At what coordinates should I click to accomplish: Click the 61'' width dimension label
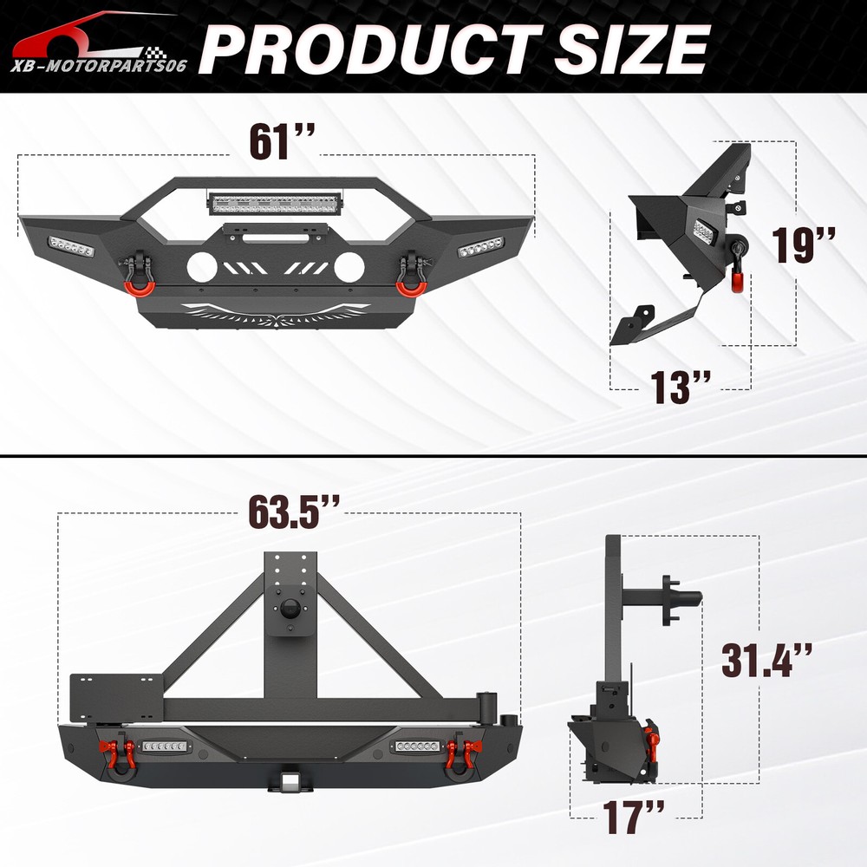click(x=282, y=142)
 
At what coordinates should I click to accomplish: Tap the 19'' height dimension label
click(x=803, y=244)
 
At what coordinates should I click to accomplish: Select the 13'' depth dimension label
click(x=680, y=387)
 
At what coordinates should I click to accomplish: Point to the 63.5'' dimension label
click(x=294, y=511)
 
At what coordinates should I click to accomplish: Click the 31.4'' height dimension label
click(x=766, y=660)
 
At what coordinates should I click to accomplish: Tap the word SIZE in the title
click(x=631, y=49)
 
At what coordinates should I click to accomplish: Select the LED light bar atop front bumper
click(x=276, y=203)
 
